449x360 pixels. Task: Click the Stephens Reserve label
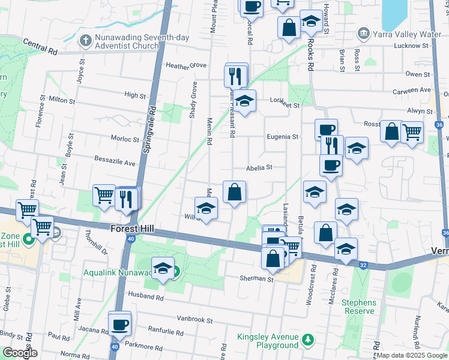359,307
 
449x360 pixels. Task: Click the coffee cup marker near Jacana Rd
120,324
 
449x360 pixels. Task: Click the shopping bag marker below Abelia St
235,193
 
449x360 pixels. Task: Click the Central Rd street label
41,47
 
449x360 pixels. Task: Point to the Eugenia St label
283,137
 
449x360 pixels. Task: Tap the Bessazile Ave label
115,162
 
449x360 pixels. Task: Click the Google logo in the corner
20,353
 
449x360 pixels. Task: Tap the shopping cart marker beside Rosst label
412,131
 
